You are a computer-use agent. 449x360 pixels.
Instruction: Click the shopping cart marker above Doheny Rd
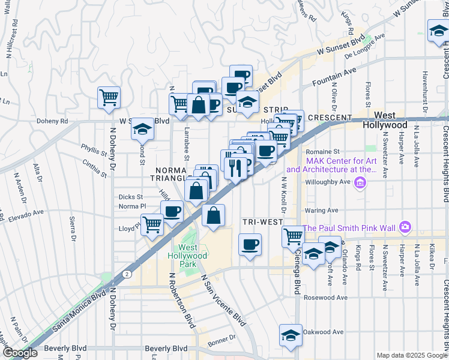pyautogui.click(x=109, y=97)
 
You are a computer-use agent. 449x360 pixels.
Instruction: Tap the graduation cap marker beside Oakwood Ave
pyautogui.click(x=291, y=335)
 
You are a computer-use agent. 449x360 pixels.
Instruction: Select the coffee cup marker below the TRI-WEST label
pyautogui.click(x=250, y=244)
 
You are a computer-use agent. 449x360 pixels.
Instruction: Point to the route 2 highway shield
pyautogui.click(x=127, y=274)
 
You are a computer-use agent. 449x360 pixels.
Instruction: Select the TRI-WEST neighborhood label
pyautogui.click(x=262, y=222)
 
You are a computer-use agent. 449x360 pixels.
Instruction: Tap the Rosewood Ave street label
pyautogui.click(x=326, y=298)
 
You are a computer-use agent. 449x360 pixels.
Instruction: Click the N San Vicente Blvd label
pyautogui.click(x=223, y=298)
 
